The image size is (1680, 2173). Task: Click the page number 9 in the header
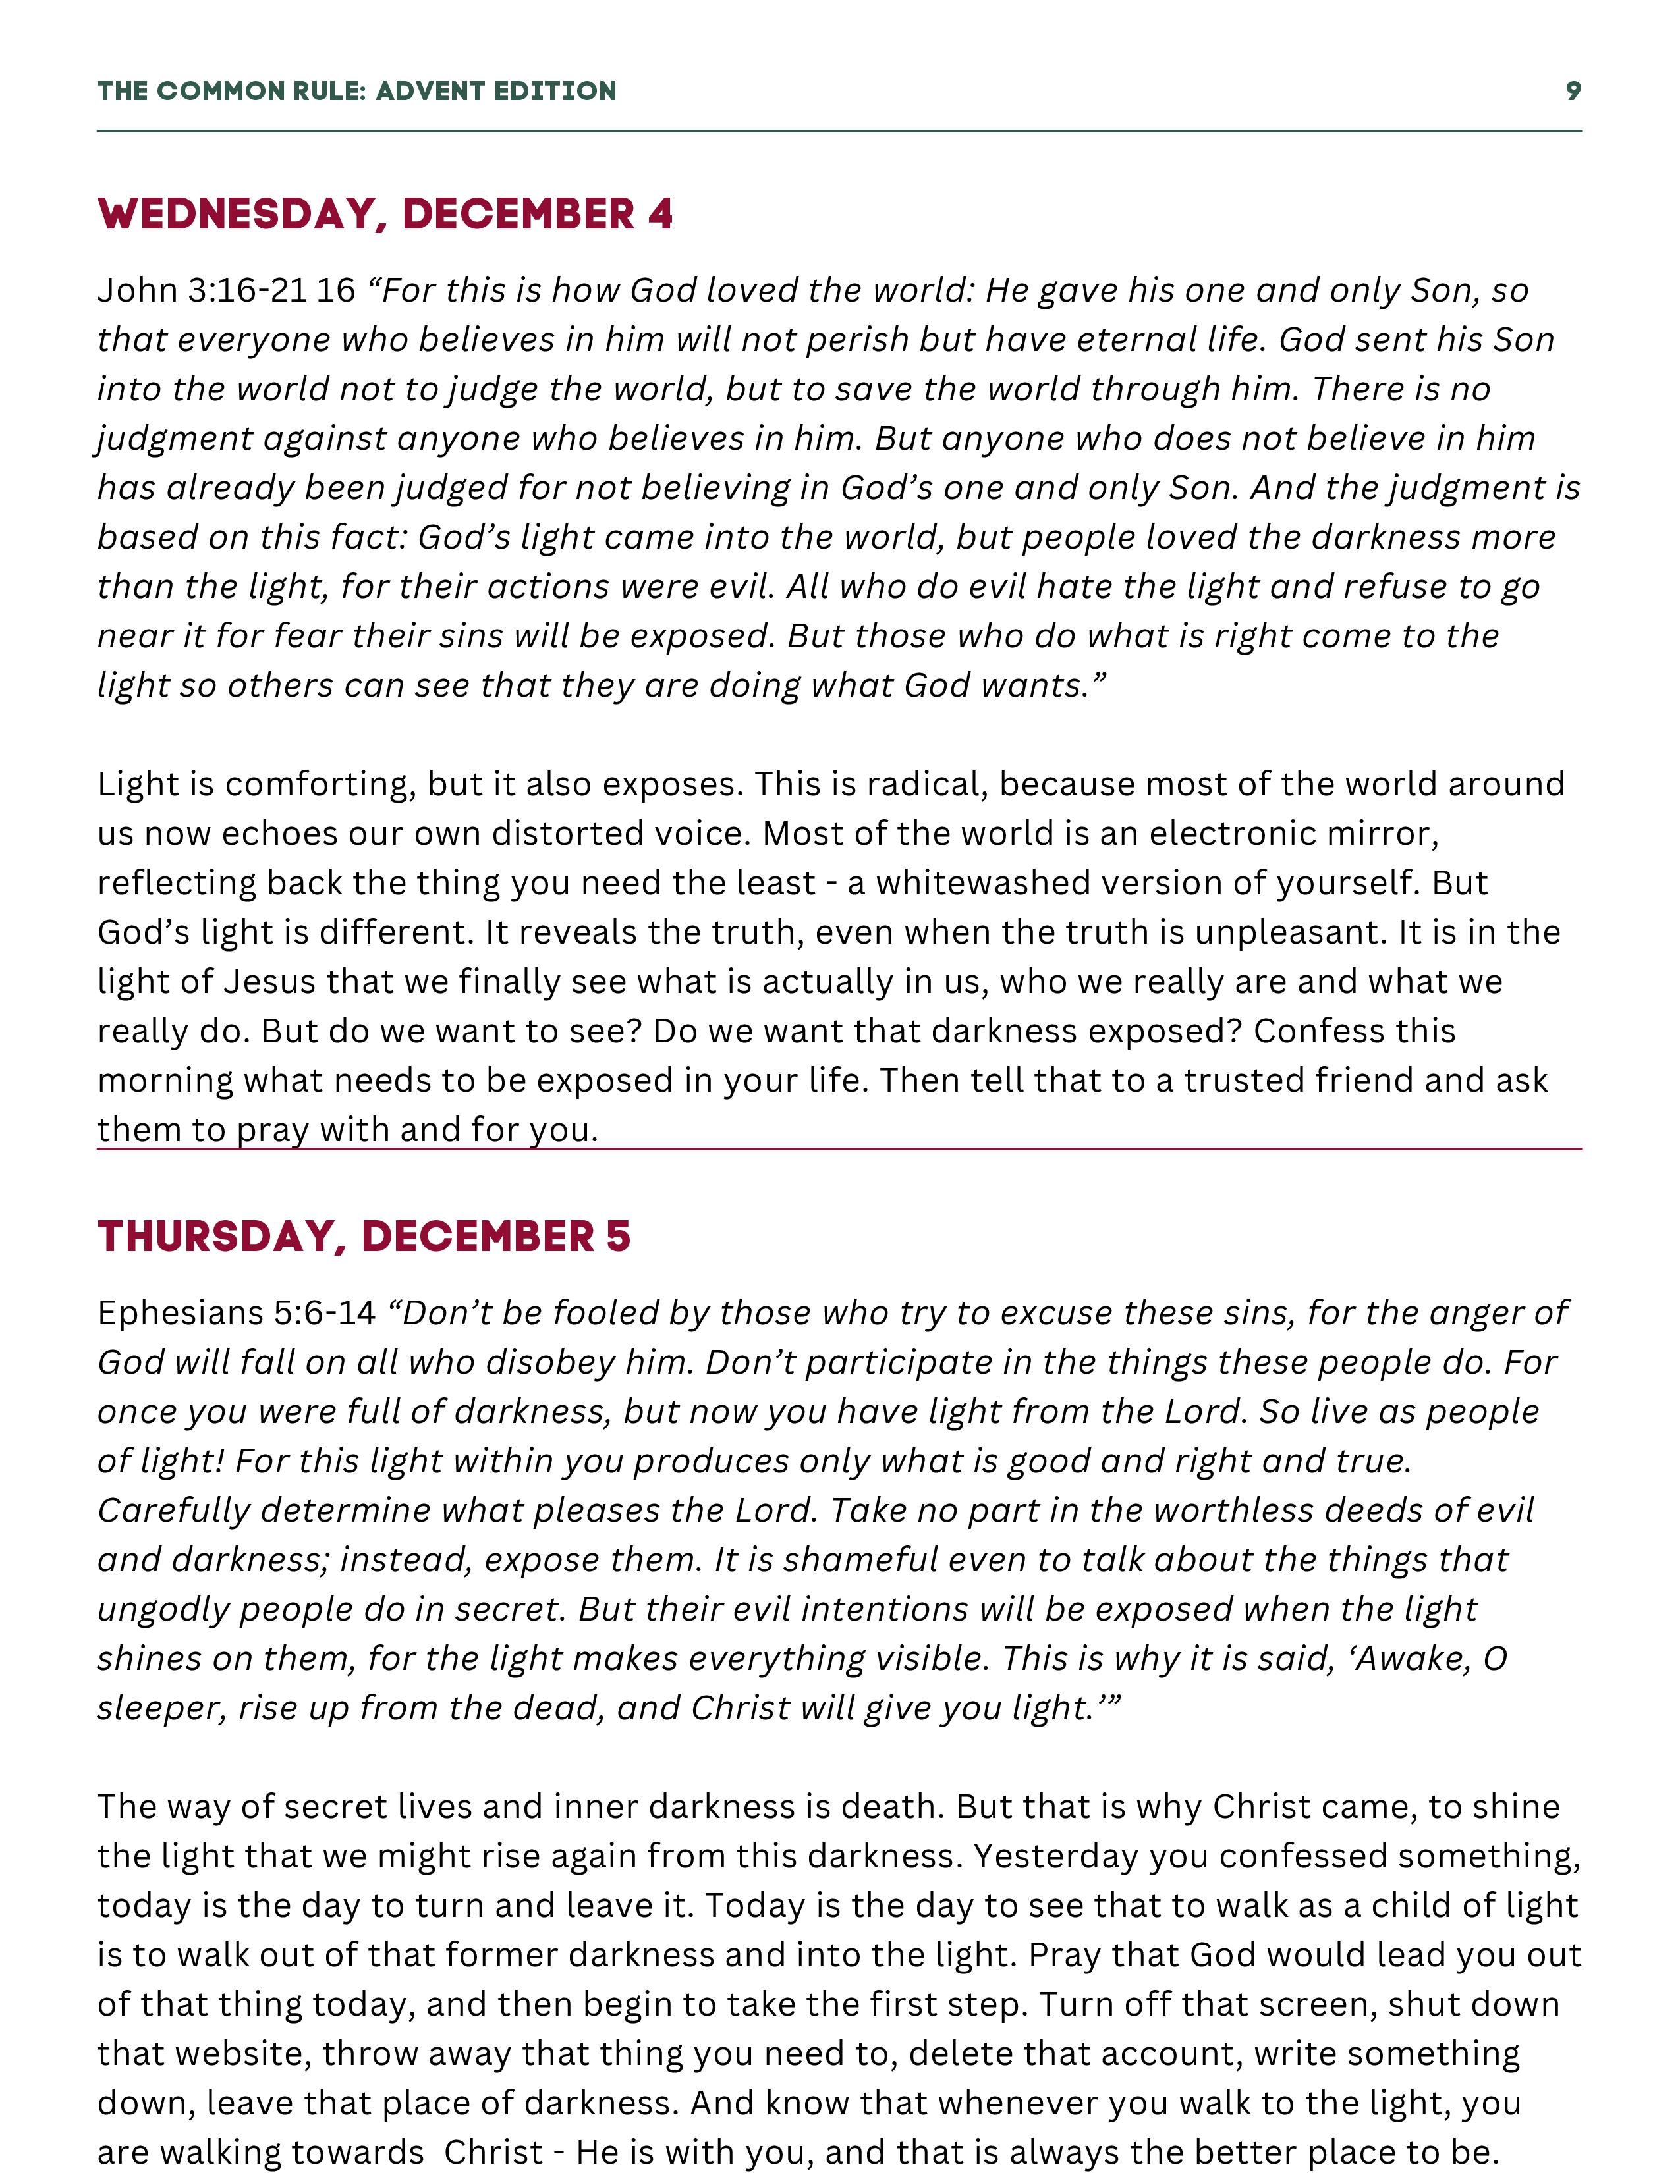tap(1573, 91)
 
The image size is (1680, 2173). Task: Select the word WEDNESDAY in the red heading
tap(236, 215)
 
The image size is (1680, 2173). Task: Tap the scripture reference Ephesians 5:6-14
tap(236, 1314)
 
